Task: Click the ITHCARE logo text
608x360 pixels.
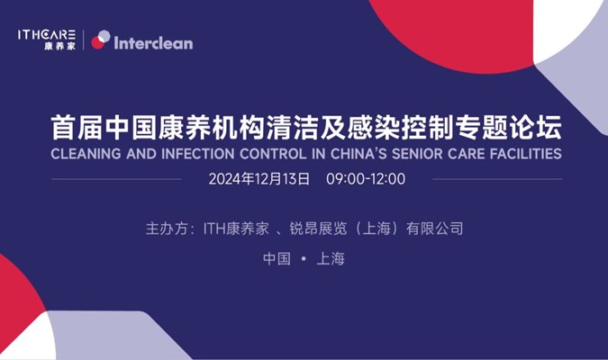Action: click(x=46, y=35)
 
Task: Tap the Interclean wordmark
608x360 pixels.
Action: click(x=153, y=43)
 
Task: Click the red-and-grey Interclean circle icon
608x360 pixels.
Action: click(x=101, y=40)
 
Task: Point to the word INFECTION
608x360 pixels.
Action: click(x=197, y=154)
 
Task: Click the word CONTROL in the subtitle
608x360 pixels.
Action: click(x=273, y=154)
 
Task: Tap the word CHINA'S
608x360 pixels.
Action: click(x=358, y=154)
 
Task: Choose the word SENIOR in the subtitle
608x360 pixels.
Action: click(x=417, y=154)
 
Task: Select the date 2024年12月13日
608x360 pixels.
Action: click(x=259, y=179)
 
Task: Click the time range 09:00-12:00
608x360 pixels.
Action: click(x=366, y=179)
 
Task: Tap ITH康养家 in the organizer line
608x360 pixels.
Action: click(x=236, y=229)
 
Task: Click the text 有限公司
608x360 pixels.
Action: click(x=435, y=229)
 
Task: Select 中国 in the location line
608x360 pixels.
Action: click(x=277, y=259)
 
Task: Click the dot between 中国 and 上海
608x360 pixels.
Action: click(x=304, y=258)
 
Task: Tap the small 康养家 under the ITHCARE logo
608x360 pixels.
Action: click(x=59, y=47)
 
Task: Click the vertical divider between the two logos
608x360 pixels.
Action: click(x=84, y=40)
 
